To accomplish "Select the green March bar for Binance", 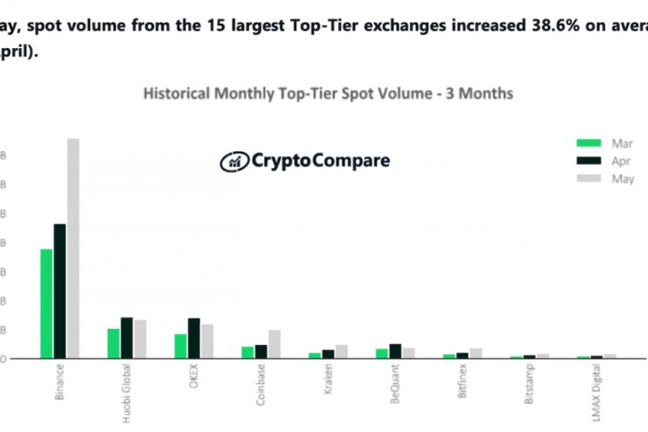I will (46, 304).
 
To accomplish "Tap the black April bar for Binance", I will (60, 291).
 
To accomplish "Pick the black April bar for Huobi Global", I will (127, 337).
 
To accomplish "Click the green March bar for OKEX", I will (181, 346).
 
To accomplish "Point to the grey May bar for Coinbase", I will (274, 344).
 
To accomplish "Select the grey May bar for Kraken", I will (342, 351).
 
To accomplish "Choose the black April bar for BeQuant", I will (395, 351).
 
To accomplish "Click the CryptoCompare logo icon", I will (233, 161).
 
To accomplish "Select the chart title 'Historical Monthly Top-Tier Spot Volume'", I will (327, 94).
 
